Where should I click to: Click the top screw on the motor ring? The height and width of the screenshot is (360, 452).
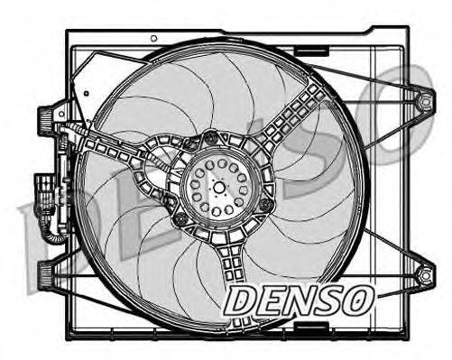pyautogui.click(x=211, y=138)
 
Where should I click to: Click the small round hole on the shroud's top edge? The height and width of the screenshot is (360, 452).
pyautogui.click(x=154, y=39)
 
